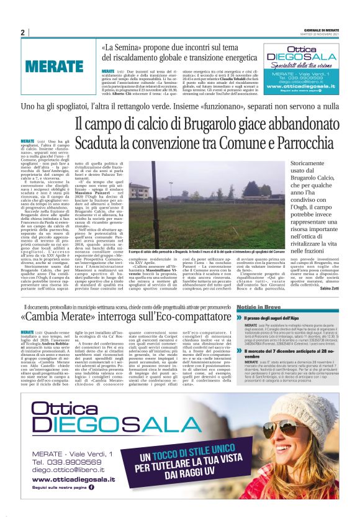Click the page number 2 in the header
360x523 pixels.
tap(23, 32)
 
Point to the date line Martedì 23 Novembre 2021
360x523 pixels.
tap(323, 34)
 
